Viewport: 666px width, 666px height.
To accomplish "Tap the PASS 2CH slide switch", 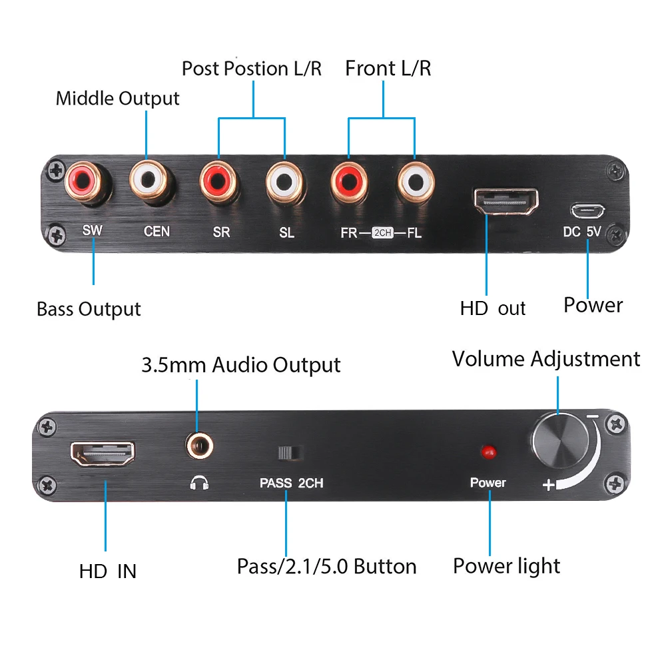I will tap(290, 453).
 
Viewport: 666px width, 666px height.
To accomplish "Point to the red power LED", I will tap(488, 452).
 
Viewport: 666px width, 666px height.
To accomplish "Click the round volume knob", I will tap(559, 440).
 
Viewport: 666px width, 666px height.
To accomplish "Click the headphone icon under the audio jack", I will tap(199, 483).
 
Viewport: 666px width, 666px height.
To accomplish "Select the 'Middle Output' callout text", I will tap(117, 99).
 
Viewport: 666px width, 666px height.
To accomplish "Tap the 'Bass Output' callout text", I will tap(89, 309).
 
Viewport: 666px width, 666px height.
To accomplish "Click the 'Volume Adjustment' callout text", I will tap(545, 359).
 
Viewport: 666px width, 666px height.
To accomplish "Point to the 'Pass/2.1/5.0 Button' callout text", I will tap(326, 567).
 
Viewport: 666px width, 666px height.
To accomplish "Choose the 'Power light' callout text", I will tap(506, 566).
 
